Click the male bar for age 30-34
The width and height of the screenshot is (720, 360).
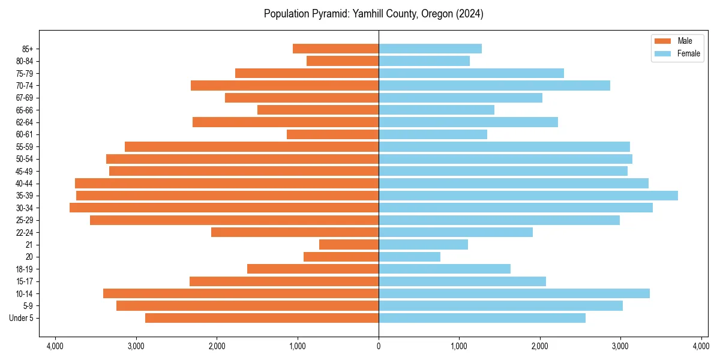pyautogui.click(x=224, y=208)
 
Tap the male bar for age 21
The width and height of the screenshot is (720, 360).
pyautogui.click(x=349, y=244)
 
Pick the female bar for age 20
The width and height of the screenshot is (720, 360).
pyautogui.click(x=409, y=257)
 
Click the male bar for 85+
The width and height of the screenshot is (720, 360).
pyautogui.click(x=335, y=49)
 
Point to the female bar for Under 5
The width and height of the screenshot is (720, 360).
pyautogui.click(x=482, y=318)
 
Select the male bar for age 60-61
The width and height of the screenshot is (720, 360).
pyautogui.click(x=332, y=134)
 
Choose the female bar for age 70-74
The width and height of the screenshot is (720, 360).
pyautogui.click(x=494, y=85)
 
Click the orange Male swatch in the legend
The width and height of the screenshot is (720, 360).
pyautogui.click(x=662, y=41)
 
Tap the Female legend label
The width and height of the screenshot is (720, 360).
pyautogui.click(x=689, y=53)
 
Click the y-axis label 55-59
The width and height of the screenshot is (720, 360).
pyautogui.click(x=25, y=146)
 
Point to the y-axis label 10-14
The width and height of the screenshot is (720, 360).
pyautogui.click(x=25, y=293)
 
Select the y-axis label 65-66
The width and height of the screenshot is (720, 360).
pyautogui.click(x=25, y=110)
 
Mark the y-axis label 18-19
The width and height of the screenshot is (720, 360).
pyautogui.click(x=25, y=269)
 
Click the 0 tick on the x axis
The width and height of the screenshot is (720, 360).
pyautogui.click(x=379, y=346)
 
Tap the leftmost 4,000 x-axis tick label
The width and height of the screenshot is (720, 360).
pyautogui.click(x=55, y=346)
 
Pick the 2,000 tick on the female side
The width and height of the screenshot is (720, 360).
pyautogui.click(x=540, y=346)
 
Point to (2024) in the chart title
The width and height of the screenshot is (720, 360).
pyautogui.click(x=470, y=13)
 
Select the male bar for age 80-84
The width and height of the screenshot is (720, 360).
pyautogui.click(x=343, y=61)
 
